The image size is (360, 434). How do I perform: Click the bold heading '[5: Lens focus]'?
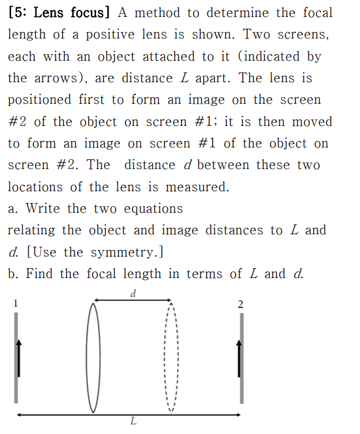58,12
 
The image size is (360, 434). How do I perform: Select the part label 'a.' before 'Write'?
14,209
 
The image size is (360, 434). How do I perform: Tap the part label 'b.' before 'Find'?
14,274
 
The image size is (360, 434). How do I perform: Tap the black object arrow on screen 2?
240,358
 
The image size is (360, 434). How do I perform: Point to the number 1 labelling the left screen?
16,303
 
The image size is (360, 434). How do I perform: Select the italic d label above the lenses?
133,292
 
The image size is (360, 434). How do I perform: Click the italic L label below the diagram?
133,422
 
